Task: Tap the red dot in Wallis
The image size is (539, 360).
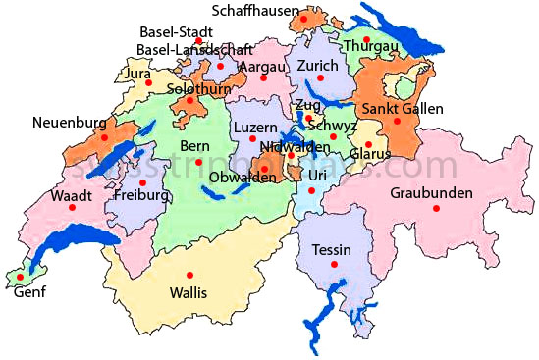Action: (190, 274)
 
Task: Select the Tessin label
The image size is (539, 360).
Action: (331, 249)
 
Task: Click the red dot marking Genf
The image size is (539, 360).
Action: (19, 278)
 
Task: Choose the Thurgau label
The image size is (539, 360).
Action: (369, 46)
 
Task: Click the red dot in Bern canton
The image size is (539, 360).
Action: (198, 162)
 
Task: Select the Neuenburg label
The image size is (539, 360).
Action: (67, 123)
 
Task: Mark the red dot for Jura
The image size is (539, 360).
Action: (150, 82)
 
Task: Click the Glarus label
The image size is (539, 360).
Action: (371, 154)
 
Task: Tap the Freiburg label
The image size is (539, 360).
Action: (142, 195)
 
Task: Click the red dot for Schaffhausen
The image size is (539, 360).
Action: (304, 19)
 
